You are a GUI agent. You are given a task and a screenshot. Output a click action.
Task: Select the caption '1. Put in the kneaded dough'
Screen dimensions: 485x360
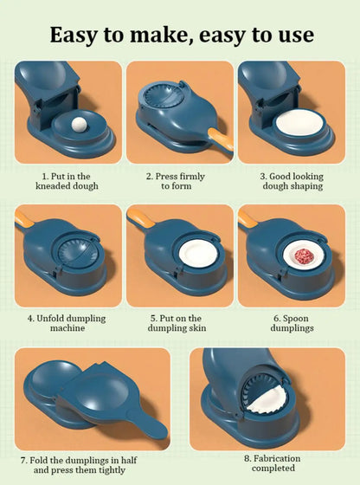[67, 181]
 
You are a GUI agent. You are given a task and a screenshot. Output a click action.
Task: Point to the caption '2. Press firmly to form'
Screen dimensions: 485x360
[180, 181]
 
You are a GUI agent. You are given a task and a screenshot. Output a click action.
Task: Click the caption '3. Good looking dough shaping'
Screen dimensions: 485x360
[292, 181]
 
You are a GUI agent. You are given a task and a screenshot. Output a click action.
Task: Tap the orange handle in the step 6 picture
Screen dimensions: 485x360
[247, 218]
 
